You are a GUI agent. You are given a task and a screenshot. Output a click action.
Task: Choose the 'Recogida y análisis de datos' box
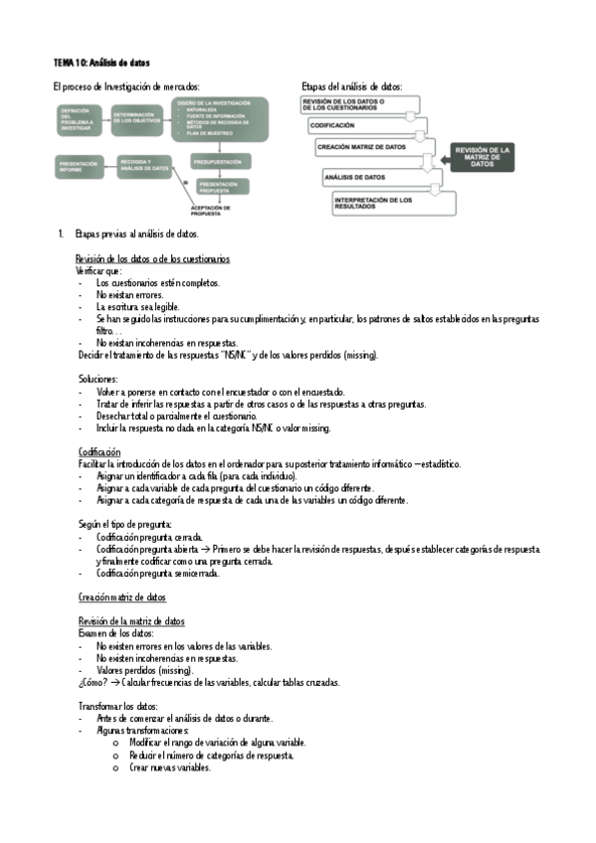pyautogui.click(x=144, y=166)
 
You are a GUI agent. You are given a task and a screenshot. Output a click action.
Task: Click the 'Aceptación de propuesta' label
pyautogui.click(x=210, y=209)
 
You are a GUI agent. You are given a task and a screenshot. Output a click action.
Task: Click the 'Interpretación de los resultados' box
pyautogui.click(x=394, y=203)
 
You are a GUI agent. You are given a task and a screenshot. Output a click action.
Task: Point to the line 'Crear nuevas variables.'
pyautogui.click(x=169, y=766)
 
